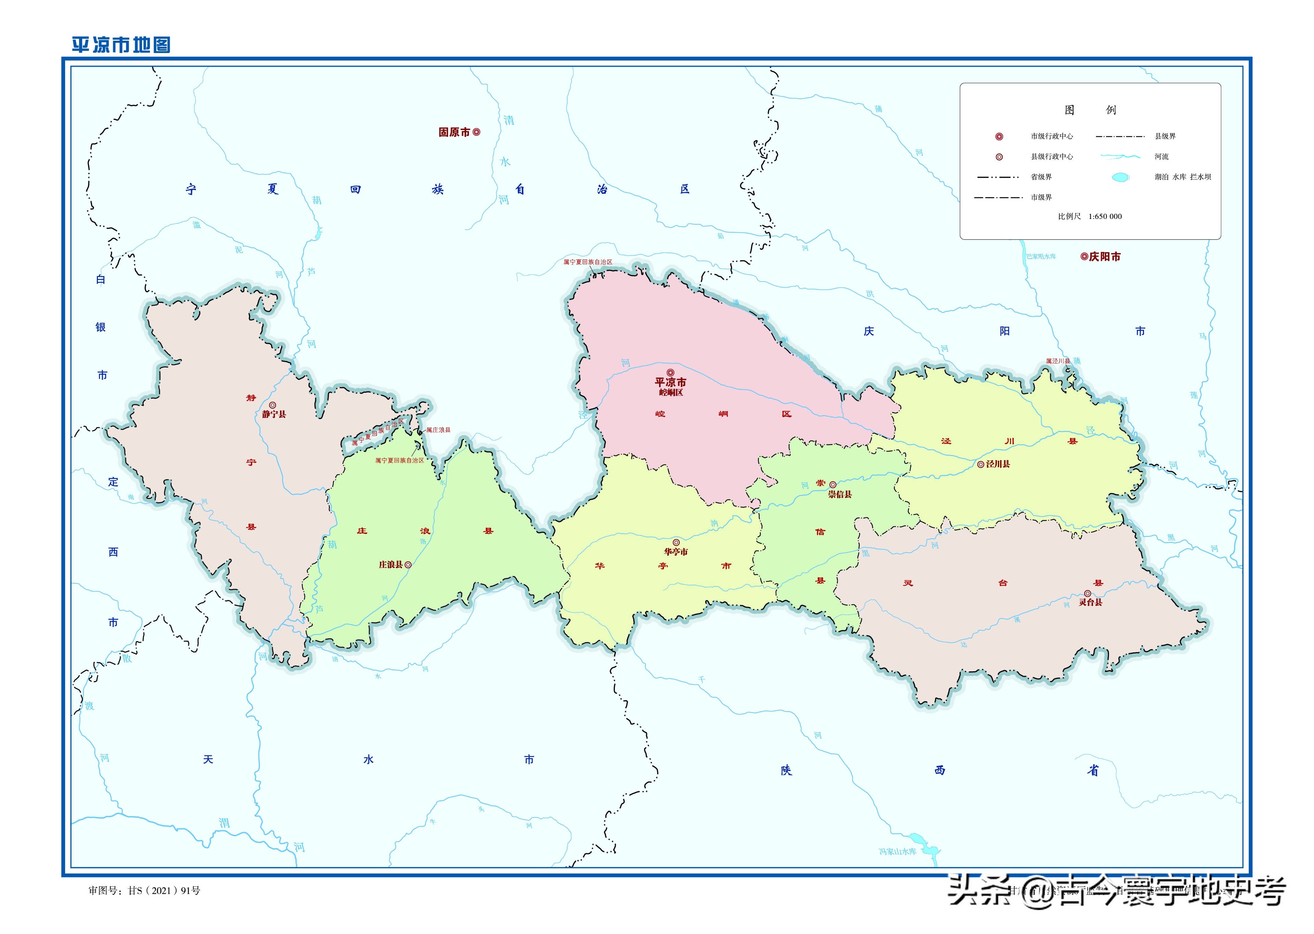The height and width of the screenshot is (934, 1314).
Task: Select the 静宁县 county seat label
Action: point(274,414)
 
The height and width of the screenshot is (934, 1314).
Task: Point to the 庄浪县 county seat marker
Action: point(408,565)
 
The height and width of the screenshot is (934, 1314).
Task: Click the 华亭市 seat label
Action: point(676,552)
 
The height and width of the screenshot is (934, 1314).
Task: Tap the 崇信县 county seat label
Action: point(840,494)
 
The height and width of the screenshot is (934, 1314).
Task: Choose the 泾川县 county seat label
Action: point(998,464)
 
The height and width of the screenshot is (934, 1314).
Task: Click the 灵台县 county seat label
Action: point(1090,602)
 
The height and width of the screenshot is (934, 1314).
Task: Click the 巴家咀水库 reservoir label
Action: point(1041,256)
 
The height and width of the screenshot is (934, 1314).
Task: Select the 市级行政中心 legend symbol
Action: point(999,136)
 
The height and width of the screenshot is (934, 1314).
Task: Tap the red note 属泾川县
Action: point(1058,361)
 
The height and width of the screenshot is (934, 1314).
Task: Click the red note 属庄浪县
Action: point(438,430)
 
